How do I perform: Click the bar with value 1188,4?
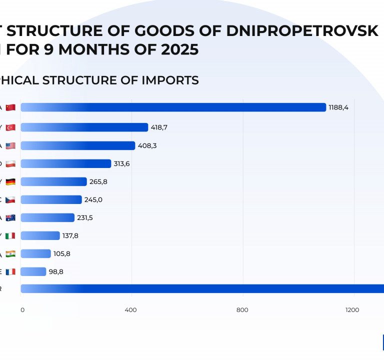173,107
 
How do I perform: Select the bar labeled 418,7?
84,127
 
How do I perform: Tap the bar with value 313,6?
65,163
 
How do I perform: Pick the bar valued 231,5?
47,217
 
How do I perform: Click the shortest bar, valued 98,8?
33,271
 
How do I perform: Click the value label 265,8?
98,181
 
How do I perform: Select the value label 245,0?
93,199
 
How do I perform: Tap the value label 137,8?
71,235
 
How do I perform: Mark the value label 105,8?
62,253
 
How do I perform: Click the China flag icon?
10,107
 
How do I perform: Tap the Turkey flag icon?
10,127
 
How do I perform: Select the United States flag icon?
10,145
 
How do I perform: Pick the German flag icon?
10,181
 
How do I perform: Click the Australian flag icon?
10,217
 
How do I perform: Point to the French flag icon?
10,271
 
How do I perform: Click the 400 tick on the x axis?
130,310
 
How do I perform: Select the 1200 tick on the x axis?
352,310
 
